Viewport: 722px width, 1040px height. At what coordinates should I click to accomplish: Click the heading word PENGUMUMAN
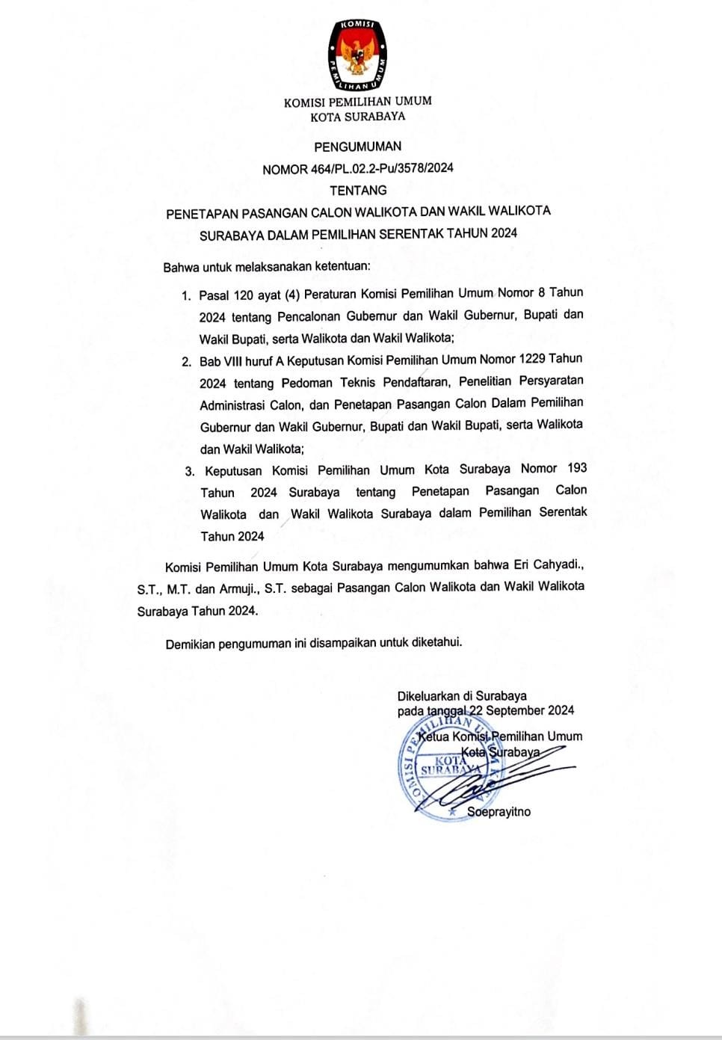pos(357,147)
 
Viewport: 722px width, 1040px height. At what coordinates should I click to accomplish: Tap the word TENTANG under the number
pos(358,191)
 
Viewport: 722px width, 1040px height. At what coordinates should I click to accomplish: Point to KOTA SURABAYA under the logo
pos(357,117)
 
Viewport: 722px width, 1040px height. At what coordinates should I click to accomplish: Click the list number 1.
pos(185,296)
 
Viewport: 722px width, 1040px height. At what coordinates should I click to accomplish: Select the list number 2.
pos(186,363)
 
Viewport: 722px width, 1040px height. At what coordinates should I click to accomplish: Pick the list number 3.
pos(190,472)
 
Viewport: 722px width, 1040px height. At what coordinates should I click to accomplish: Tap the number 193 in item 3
pos(577,468)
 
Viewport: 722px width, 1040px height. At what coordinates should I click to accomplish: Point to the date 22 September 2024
pos(521,710)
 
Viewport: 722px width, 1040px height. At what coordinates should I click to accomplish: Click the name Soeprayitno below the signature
pos(499,812)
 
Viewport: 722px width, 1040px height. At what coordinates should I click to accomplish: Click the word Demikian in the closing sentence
pos(190,644)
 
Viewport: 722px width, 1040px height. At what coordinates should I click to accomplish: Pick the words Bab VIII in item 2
pos(226,362)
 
